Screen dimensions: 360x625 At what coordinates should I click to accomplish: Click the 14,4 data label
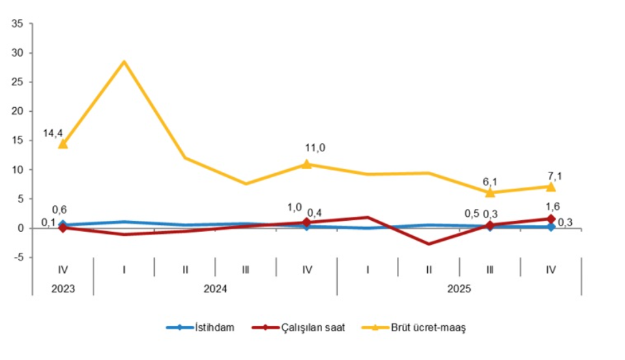click(53, 134)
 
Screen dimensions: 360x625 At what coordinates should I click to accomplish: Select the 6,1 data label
click(490, 181)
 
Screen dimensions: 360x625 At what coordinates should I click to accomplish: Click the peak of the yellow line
click(123, 62)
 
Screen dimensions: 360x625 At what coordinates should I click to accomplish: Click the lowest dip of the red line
click(429, 243)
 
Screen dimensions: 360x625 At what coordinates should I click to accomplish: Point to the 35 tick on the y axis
click(18, 24)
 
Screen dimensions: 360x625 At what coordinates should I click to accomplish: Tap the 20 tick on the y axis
click(18, 111)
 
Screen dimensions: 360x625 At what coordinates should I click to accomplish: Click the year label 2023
click(63, 288)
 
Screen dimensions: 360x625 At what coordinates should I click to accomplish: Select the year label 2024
click(215, 288)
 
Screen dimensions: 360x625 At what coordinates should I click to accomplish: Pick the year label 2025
click(459, 288)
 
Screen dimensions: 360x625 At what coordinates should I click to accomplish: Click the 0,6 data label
click(59, 210)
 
